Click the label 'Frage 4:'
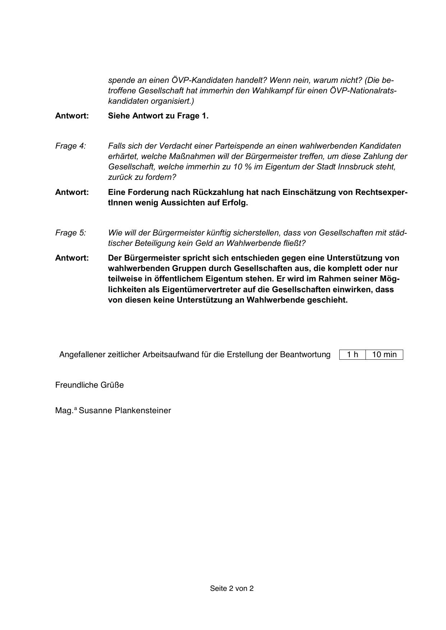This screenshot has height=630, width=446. tap(70, 146)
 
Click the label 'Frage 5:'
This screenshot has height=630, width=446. tap(70, 233)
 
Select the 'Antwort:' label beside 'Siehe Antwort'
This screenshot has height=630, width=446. tap(72, 116)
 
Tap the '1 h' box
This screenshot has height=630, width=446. tap(353, 355)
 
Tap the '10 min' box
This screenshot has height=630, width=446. tap(384, 355)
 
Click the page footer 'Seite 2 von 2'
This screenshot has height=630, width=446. tap(232, 588)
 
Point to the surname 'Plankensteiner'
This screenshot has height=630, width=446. tap(143, 410)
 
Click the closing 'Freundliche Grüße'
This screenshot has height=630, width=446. tap(89, 385)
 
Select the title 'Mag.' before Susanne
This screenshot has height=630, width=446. tap(64, 410)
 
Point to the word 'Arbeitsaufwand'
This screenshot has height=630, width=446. tap(169, 355)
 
